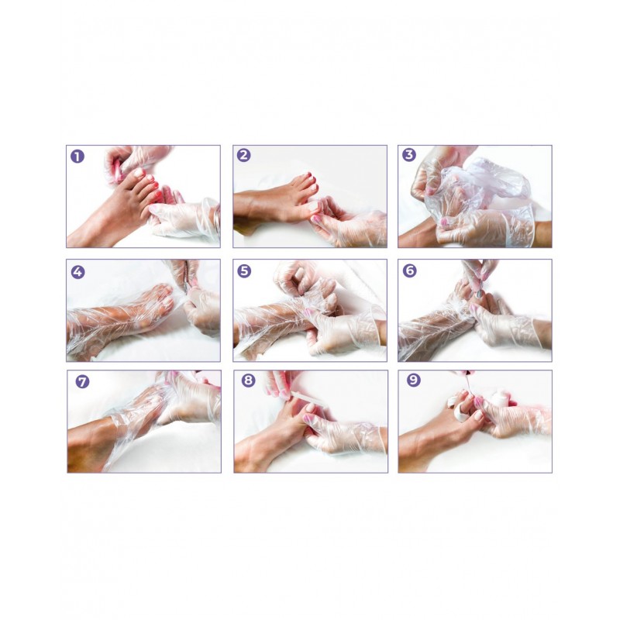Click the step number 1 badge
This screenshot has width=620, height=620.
tap(77, 157)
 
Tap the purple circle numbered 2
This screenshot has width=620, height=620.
tap(244, 156)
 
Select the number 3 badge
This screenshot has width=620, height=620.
tap(409, 154)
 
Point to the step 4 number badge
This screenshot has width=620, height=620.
tap(78, 272)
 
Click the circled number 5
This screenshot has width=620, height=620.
tap(244, 271)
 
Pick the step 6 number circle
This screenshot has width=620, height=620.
tap(410, 270)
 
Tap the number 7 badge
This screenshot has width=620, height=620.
tap(82, 382)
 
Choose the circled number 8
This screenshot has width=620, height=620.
tap(248, 381)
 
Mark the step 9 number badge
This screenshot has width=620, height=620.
tap(414, 381)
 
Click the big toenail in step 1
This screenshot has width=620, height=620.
tap(139, 173)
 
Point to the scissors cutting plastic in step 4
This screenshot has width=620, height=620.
tap(185, 277)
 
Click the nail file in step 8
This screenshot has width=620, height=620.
tap(301, 397)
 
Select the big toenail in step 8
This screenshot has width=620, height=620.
tap(311, 408)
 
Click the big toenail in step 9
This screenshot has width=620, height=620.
tap(478, 415)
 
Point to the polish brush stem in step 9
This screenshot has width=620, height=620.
tap(465, 384)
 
